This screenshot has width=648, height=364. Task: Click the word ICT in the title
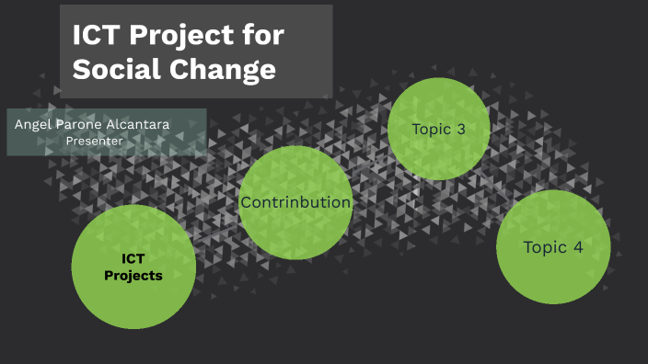tap(98, 36)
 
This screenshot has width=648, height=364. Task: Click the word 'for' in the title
tap(266, 36)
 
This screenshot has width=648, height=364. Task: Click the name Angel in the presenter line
tap(32, 123)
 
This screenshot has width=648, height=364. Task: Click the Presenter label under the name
tap(95, 140)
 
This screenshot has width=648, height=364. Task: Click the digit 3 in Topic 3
tap(459, 129)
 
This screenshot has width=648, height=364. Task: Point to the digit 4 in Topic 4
tap(577, 247)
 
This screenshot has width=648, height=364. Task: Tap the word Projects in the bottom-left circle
tap(133, 276)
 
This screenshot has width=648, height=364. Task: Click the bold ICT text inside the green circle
tap(133, 258)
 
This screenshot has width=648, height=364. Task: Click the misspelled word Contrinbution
tap(295, 202)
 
